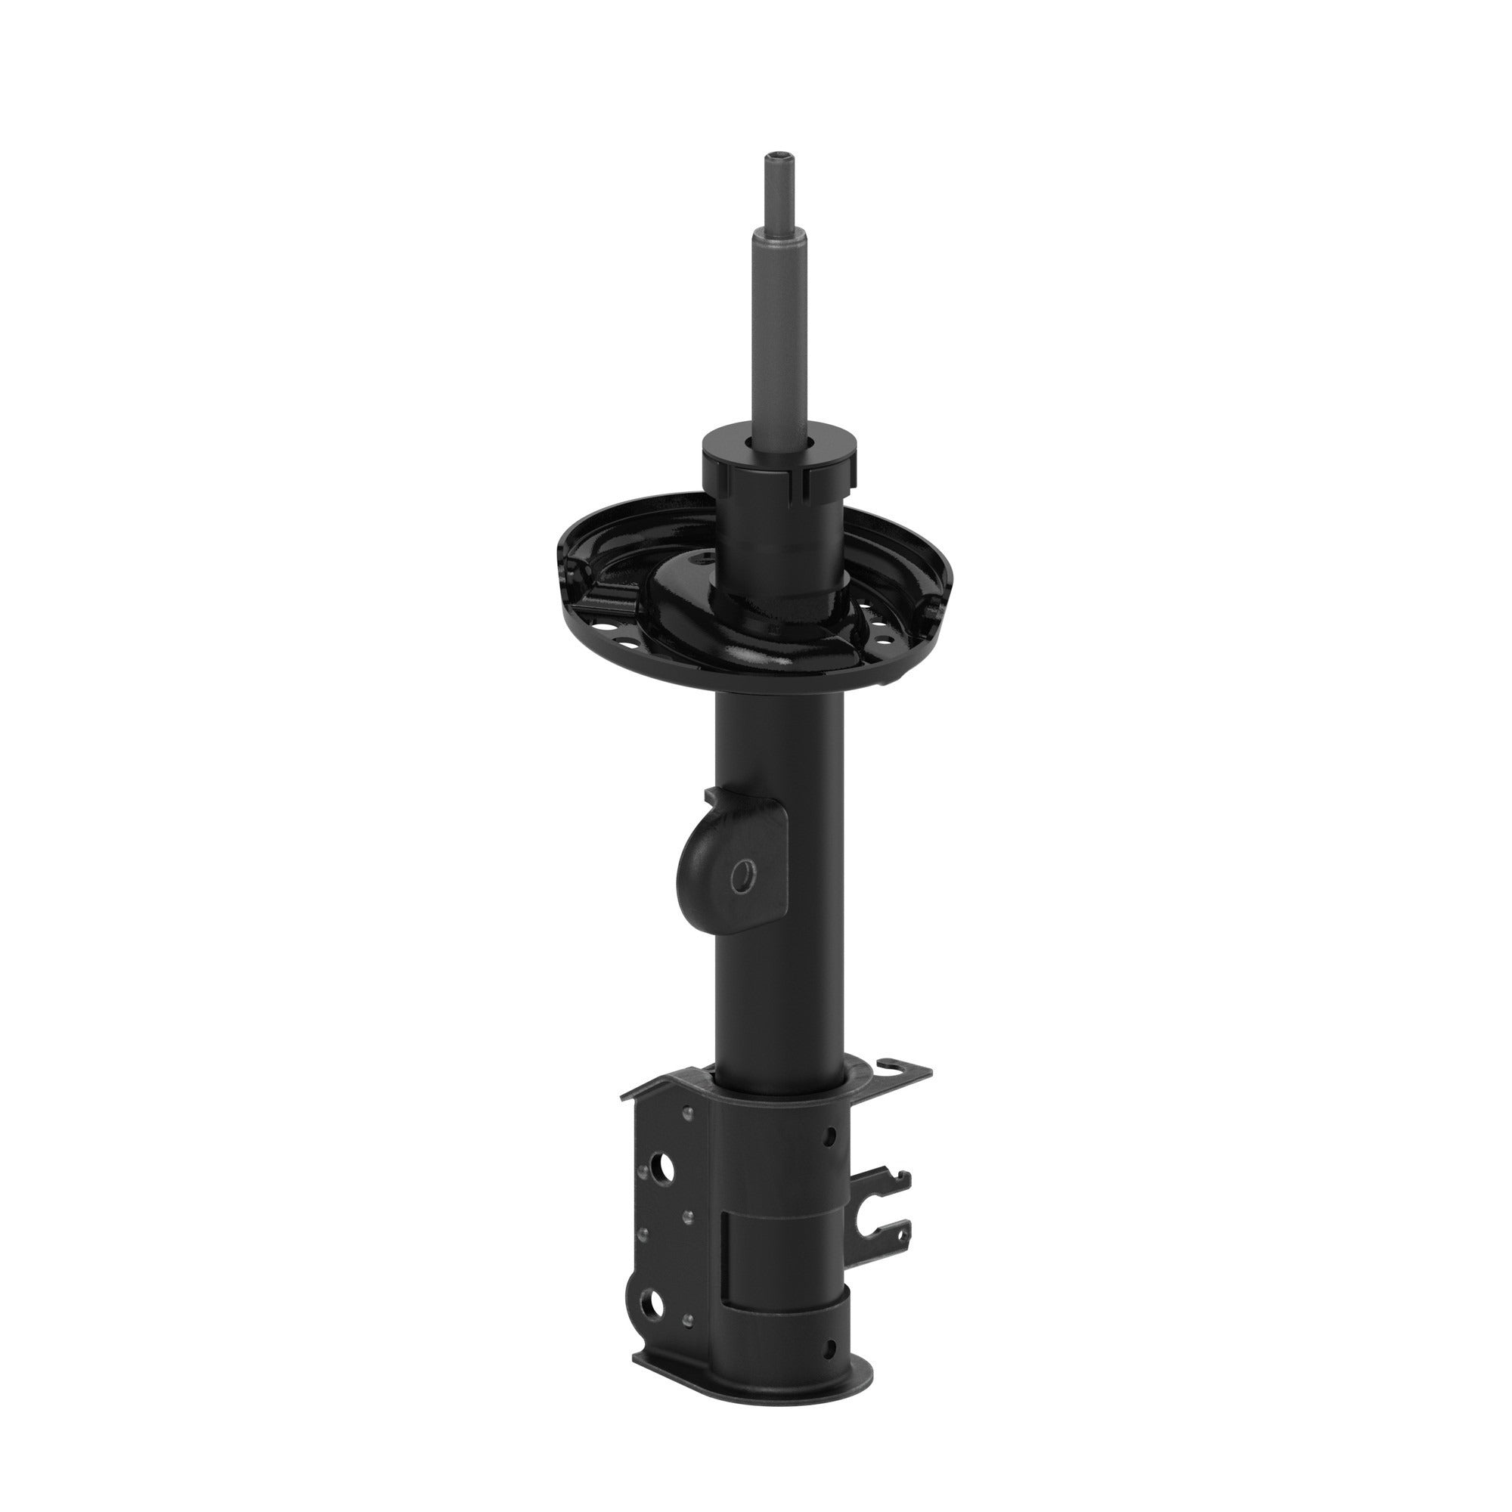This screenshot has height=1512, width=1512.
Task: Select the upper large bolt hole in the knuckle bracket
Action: click(665, 1191)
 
